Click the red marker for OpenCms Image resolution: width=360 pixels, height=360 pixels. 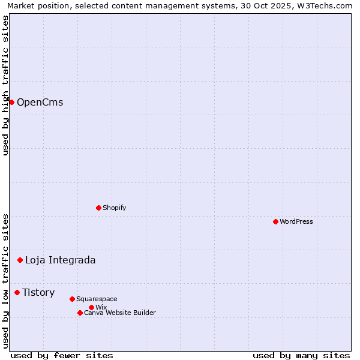coord(11,102)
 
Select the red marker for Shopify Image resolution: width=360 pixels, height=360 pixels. coord(99,208)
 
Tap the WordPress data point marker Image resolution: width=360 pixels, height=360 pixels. coord(275,221)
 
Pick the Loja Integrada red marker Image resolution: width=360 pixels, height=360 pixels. coord(20,260)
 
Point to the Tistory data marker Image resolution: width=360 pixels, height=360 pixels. coord(17,292)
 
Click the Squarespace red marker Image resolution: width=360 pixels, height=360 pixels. coord(72,299)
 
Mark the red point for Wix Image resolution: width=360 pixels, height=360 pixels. coord(91,307)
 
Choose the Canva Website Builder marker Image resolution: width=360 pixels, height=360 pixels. coord(80,313)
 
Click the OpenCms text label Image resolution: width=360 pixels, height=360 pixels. coord(40,102)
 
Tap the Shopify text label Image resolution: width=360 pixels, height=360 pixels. coord(114,208)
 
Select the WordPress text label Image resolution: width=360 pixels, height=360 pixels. coord(296,221)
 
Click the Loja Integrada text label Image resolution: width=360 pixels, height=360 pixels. coord(60,260)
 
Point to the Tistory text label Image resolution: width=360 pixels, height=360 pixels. coord(38,292)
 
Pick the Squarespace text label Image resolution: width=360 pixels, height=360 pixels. coord(97,299)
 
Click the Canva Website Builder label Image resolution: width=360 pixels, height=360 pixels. coord(120,313)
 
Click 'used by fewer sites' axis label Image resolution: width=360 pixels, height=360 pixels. coord(62,355)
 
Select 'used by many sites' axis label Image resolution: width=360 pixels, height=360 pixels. coord(301,355)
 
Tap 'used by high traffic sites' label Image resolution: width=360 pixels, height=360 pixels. coord(5,85)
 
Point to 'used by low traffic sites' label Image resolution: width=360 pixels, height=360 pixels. coord(5,281)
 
